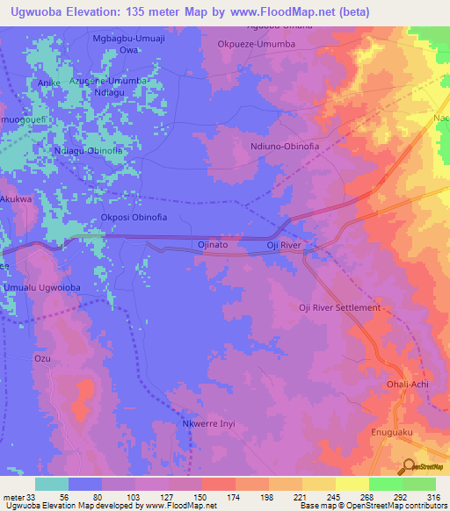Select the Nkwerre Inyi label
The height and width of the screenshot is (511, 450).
(x=208, y=425)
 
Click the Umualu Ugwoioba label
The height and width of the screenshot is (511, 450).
(x=43, y=288)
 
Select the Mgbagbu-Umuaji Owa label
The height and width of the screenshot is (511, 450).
(x=129, y=44)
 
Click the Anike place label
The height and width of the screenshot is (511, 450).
(x=49, y=83)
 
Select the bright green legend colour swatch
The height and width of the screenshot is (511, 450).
(x=386, y=484)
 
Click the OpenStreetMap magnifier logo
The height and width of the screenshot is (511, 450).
(x=410, y=466)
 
